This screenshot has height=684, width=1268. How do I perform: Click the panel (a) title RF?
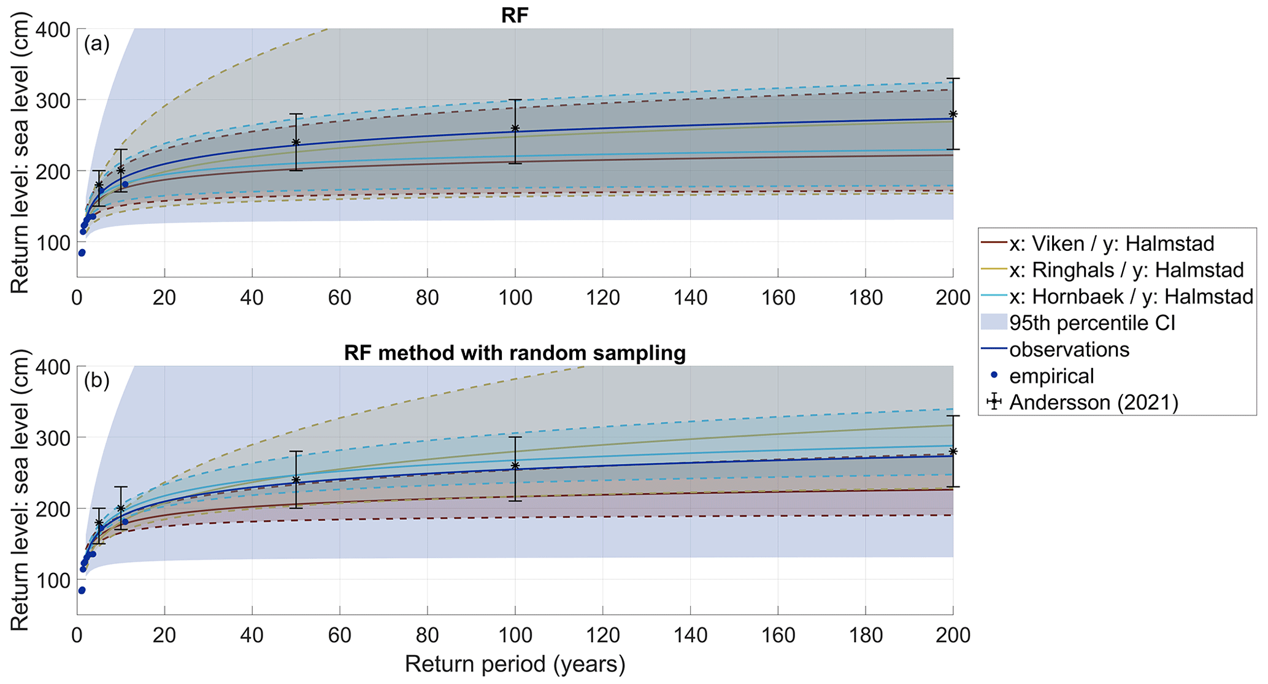tap(514, 15)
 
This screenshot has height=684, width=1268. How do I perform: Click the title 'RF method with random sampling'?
tap(514, 353)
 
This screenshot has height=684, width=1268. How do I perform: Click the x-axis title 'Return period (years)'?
tap(514, 664)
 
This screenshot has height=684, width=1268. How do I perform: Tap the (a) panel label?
tap(97, 44)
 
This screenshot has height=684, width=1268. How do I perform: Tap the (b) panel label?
tap(97, 381)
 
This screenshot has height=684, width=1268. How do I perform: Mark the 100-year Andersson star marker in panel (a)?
tap(515, 128)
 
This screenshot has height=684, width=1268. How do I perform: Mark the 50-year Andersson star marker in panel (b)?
tap(296, 480)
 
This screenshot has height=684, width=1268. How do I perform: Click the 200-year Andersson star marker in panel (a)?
tap(953, 114)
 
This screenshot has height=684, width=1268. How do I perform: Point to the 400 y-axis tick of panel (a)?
tap(53, 29)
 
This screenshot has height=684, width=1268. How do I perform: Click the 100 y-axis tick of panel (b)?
tap(53, 580)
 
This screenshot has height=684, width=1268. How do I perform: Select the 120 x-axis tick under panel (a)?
tap(602, 298)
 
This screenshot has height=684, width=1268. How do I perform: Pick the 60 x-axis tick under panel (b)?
tap(339, 636)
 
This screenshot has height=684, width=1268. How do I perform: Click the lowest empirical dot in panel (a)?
tap(82, 252)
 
